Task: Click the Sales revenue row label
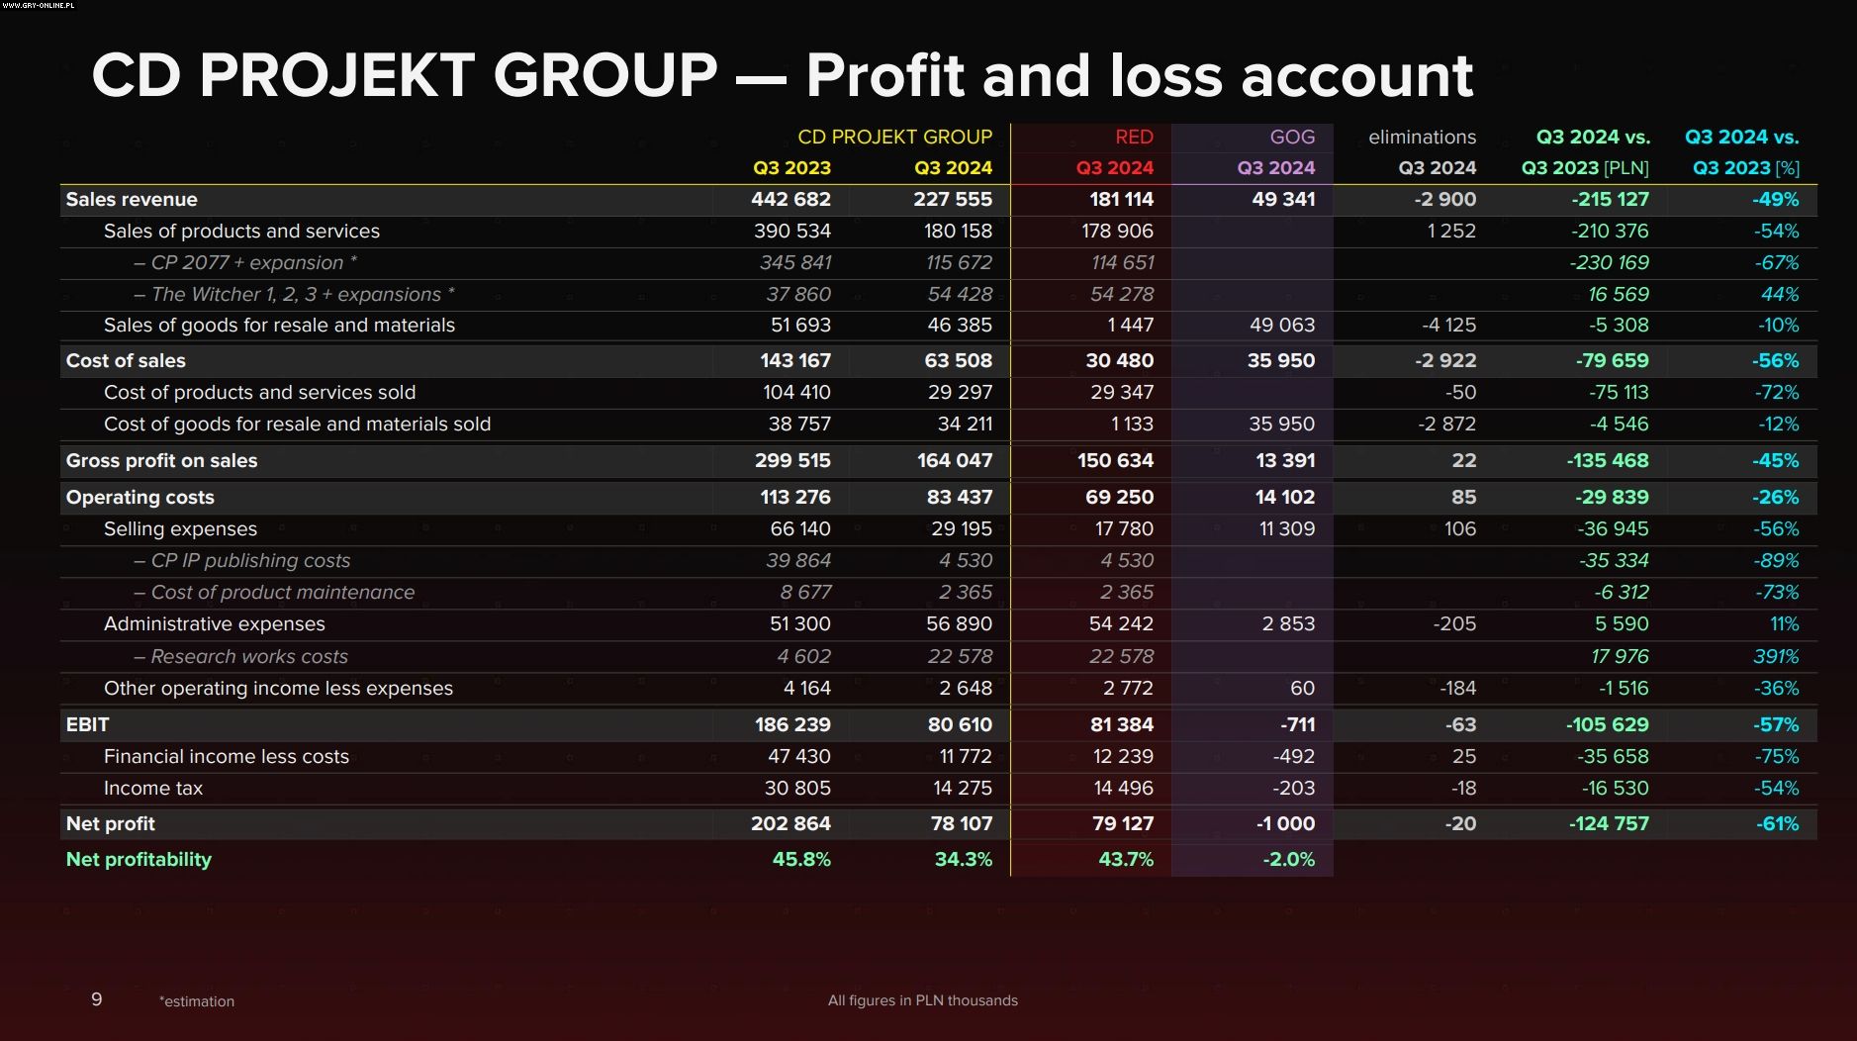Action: point(132,200)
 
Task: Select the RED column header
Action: point(1133,138)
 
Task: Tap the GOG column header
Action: point(1292,138)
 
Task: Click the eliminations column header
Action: point(1422,138)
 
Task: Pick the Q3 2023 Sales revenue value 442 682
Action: point(790,200)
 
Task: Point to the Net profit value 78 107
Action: point(961,824)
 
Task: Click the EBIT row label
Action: point(87,725)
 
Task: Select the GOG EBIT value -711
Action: point(1297,725)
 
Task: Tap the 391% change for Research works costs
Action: point(1776,657)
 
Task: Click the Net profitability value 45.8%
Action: point(801,860)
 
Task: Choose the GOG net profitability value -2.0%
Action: point(1288,860)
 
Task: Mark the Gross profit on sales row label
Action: point(161,461)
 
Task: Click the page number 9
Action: point(96,999)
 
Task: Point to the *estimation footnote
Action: point(197,1001)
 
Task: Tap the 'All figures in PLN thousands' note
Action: point(922,1000)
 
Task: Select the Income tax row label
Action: point(153,789)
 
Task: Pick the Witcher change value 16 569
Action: point(1618,295)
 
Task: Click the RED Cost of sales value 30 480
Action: point(1119,361)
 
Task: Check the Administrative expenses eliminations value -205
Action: point(1453,624)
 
